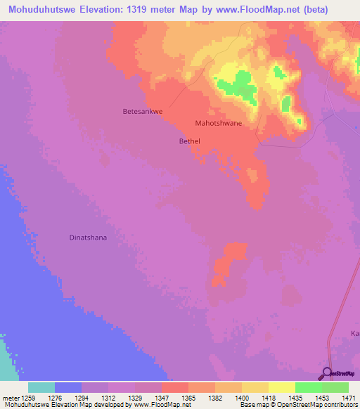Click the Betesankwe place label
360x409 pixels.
pos(143,111)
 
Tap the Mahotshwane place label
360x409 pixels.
pos(218,123)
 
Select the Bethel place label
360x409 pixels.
pos(190,141)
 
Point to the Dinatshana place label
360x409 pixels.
pos(88,238)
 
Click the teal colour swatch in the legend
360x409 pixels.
pos(41,387)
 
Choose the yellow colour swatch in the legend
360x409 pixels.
pos(281,387)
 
